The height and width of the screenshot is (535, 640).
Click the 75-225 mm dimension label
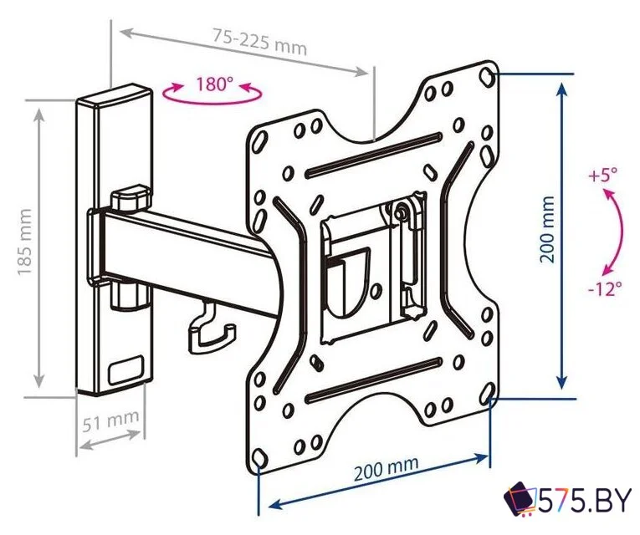pyautogui.click(x=259, y=41)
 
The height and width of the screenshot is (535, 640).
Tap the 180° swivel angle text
pyautogui.click(x=214, y=84)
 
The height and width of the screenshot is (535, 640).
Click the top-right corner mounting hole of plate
pyautogui.click(x=487, y=76)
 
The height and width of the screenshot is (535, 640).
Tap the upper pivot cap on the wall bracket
pyautogui.click(x=130, y=197)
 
